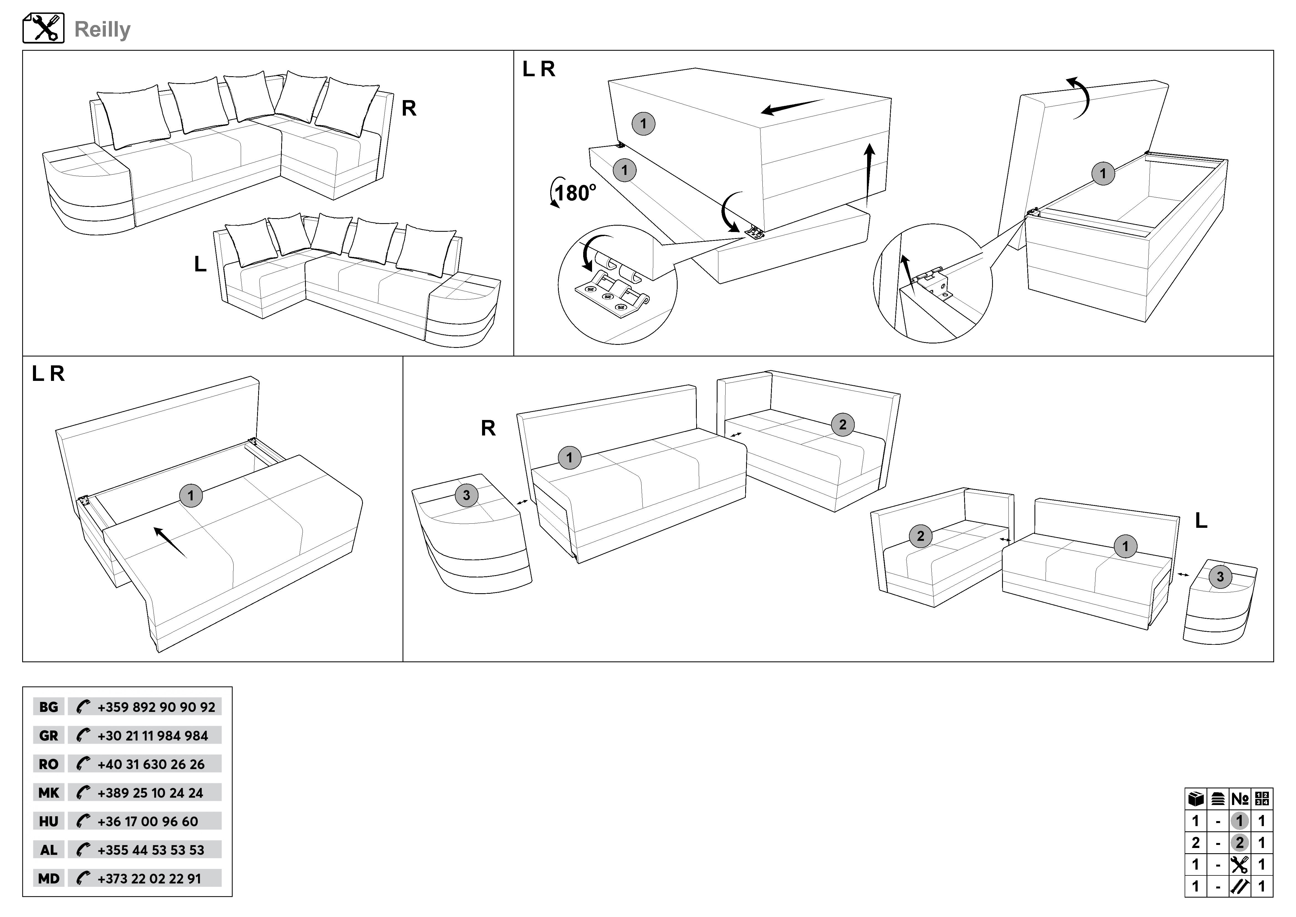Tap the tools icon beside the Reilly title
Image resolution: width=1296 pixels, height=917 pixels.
[43, 28]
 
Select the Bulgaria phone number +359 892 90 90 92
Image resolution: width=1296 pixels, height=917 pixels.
[156, 707]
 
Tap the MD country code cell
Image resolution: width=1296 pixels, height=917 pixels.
[48, 878]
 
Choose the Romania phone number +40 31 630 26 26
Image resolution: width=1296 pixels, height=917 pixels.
[151, 764]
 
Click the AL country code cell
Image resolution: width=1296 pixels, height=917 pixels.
[48, 850]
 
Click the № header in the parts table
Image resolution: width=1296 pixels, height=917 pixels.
[1240, 799]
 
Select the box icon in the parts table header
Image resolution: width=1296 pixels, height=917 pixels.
[1195, 799]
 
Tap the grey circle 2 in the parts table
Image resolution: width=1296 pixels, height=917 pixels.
[1239, 843]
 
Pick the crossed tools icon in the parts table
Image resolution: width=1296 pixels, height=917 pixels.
[1239, 865]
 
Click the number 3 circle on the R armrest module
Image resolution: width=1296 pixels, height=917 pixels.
[466, 495]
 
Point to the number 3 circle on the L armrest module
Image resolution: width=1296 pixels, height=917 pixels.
[1220, 577]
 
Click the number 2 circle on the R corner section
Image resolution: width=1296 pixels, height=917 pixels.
[843, 425]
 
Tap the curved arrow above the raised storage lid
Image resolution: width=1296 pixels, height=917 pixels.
[1079, 97]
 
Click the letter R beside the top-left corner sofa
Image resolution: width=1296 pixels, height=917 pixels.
[409, 108]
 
